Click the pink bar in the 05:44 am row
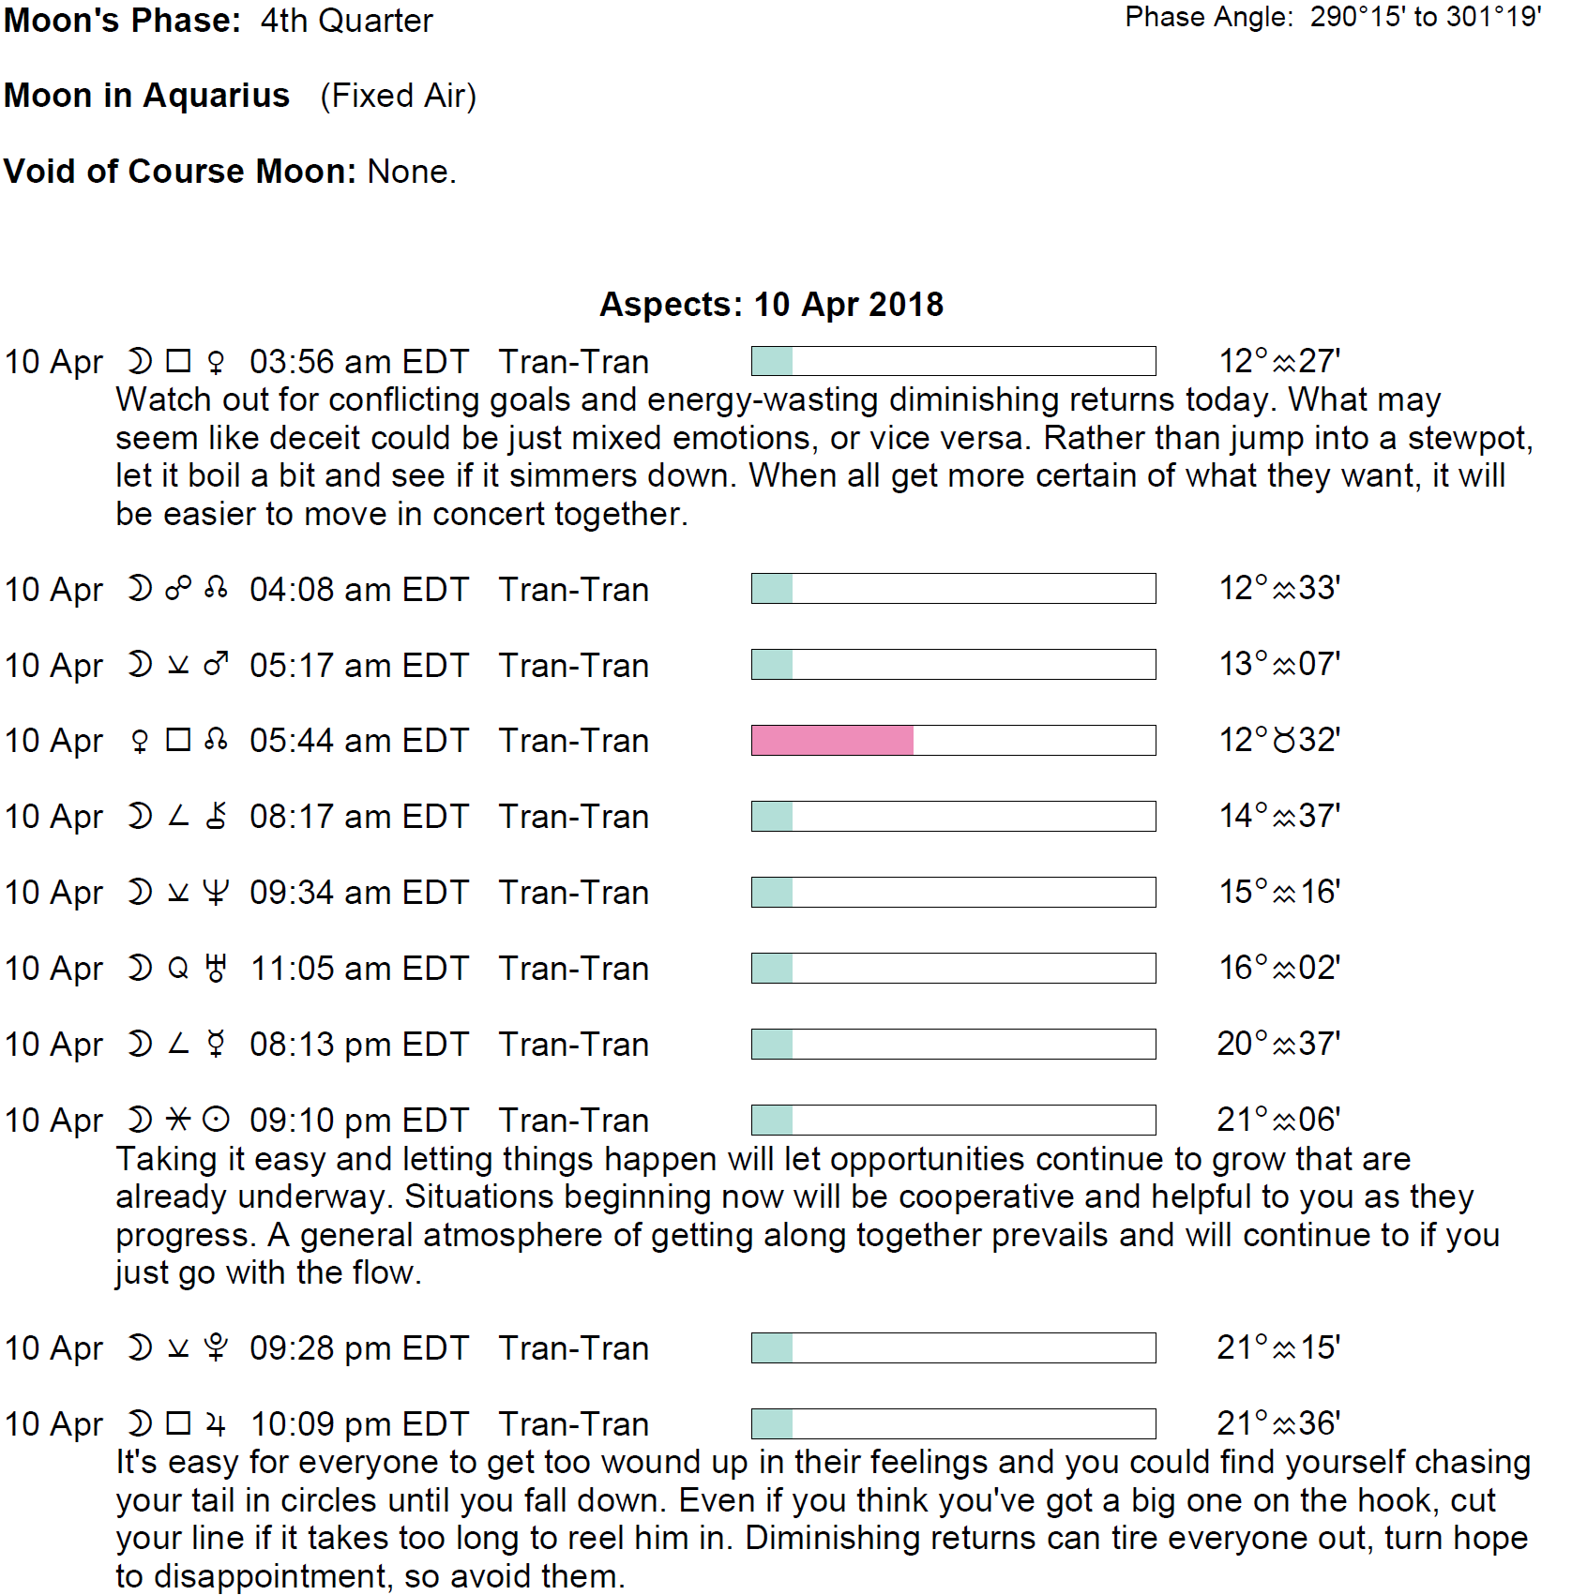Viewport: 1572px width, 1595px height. click(x=832, y=740)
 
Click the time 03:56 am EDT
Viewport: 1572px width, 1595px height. click(x=358, y=362)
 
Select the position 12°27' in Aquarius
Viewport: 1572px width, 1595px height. click(x=1278, y=361)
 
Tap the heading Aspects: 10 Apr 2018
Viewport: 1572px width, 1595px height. click(x=771, y=305)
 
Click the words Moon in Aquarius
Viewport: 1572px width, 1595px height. click(x=147, y=96)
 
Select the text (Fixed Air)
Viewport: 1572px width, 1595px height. click(x=398, y=96)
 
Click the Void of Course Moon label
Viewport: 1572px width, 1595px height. click(x=179, y=172)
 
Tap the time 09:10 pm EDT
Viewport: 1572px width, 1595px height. click(x=358, y=1121)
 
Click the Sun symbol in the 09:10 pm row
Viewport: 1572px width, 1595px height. click(x=216, y=1120)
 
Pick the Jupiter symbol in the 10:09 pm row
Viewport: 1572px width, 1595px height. click(x=216, y=1424)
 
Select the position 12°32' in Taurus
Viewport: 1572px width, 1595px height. click(x=1278, y=740)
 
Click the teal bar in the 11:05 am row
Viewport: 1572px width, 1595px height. click(x=772, y=968)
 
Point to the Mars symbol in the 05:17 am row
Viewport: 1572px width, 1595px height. click(x=216, y=665)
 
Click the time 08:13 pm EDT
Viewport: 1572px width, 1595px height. click(x=358, y=1045)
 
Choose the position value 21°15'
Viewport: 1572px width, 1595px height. click(x=1278, y=1347)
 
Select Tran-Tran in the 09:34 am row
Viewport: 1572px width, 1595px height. click(x=573, y=893)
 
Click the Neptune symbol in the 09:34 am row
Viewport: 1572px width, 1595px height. click(x=216, y=893)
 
